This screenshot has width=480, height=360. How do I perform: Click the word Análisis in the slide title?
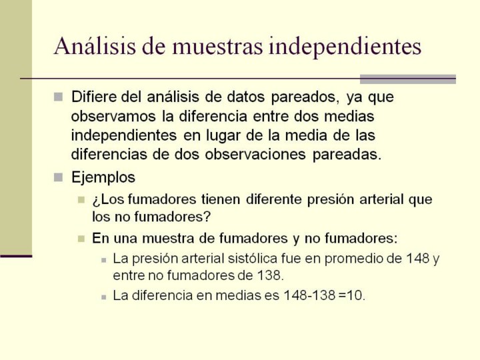tap(95, 46)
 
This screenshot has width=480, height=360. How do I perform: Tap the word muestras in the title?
tap(217, 46)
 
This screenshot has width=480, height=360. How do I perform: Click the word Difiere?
tap(94, 97)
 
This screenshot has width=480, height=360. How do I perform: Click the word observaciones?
tap(255, 155)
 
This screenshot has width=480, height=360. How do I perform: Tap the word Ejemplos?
tap(103, 178)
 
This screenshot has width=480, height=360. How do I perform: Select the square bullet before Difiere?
tap(58, 97)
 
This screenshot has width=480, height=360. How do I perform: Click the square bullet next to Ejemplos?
tap(58, 177)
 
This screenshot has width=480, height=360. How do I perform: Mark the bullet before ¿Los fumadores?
tap(81, 200)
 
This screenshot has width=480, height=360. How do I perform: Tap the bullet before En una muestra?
tap(81, 239)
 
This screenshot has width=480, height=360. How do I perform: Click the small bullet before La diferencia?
tap(104, 297)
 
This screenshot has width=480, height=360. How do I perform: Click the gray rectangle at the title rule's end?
tap(408, 79)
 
